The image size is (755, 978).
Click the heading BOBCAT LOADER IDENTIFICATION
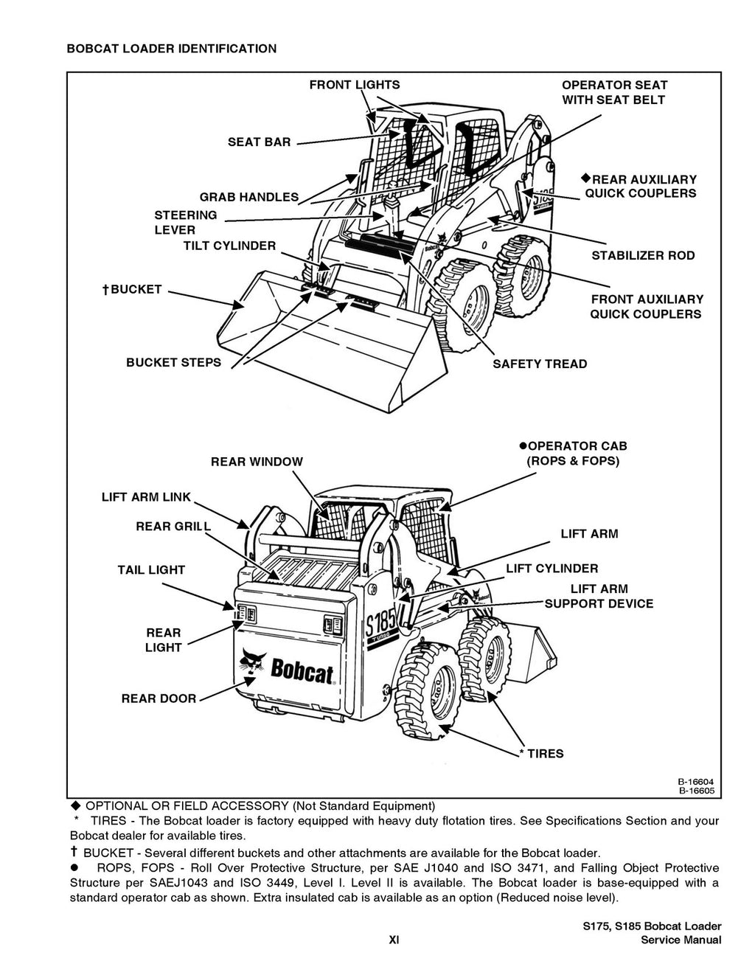172,49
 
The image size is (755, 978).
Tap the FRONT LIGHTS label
354,85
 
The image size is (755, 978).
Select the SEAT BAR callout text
259,142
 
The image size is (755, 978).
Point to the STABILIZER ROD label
643,255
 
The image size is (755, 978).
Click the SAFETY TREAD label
540,364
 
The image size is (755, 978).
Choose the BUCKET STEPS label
173,362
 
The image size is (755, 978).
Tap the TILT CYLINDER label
229,246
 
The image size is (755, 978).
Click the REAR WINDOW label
257,462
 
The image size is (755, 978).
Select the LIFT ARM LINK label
146,497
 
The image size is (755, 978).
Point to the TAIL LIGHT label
151,569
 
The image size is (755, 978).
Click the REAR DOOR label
159,698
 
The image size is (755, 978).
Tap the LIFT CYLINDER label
552,568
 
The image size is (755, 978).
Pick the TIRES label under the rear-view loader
545,753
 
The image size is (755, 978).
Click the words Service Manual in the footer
681,940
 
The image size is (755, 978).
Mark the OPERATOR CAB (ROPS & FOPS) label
572,454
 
